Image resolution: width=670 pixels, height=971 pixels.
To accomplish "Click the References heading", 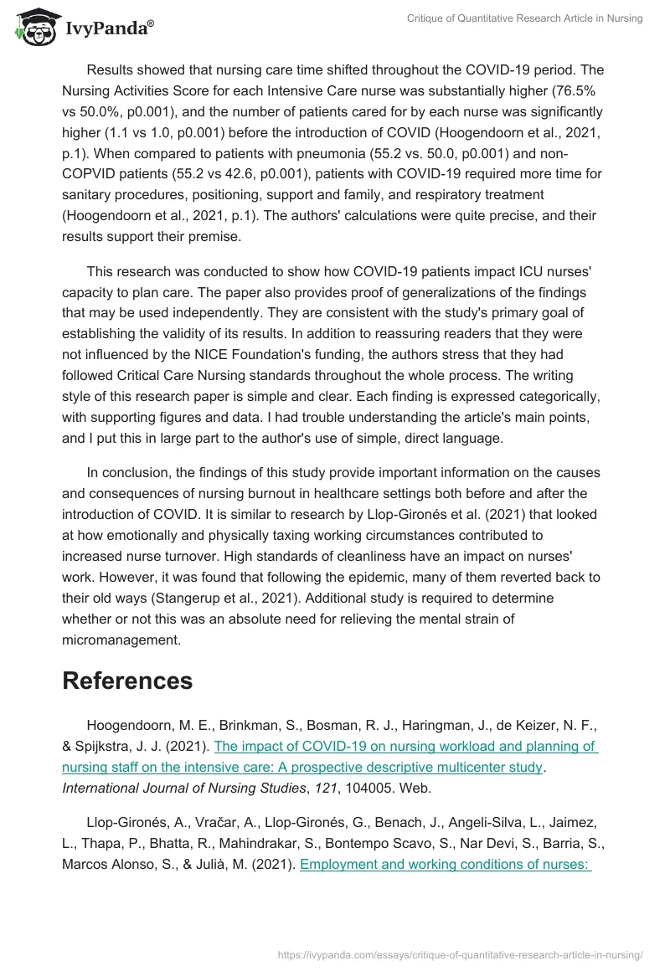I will click(127, 681).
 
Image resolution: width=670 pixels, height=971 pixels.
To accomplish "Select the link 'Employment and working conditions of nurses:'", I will click(445, 863).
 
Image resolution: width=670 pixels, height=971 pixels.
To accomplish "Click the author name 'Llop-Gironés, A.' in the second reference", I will click(137, 823).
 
